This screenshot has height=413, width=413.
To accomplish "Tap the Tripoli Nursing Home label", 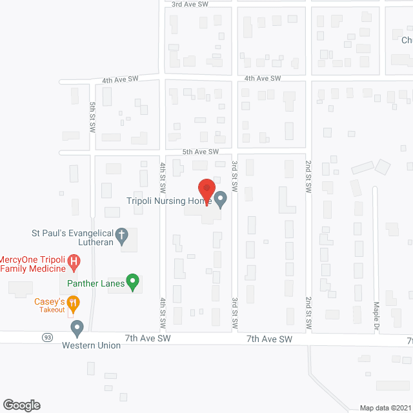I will click(172, 201).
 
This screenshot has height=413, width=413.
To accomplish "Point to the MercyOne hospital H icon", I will click(75, 262).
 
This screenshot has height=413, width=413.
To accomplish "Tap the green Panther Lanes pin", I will click(132, 281).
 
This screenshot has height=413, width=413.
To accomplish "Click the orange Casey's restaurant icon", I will click(74, 301).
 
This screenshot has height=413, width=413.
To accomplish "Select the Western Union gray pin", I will click(77, 328).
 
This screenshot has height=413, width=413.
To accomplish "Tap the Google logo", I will click(21, 405).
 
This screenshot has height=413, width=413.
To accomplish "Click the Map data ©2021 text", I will click(385, 408).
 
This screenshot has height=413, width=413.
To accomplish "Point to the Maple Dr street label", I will click(376, 313).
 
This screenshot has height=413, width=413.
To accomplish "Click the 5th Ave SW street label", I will click(201, 152).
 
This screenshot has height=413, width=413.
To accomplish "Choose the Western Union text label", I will click(91, 345).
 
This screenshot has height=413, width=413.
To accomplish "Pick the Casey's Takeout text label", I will click(50, 305).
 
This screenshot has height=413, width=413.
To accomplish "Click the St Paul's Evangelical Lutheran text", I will click(73, 237).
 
